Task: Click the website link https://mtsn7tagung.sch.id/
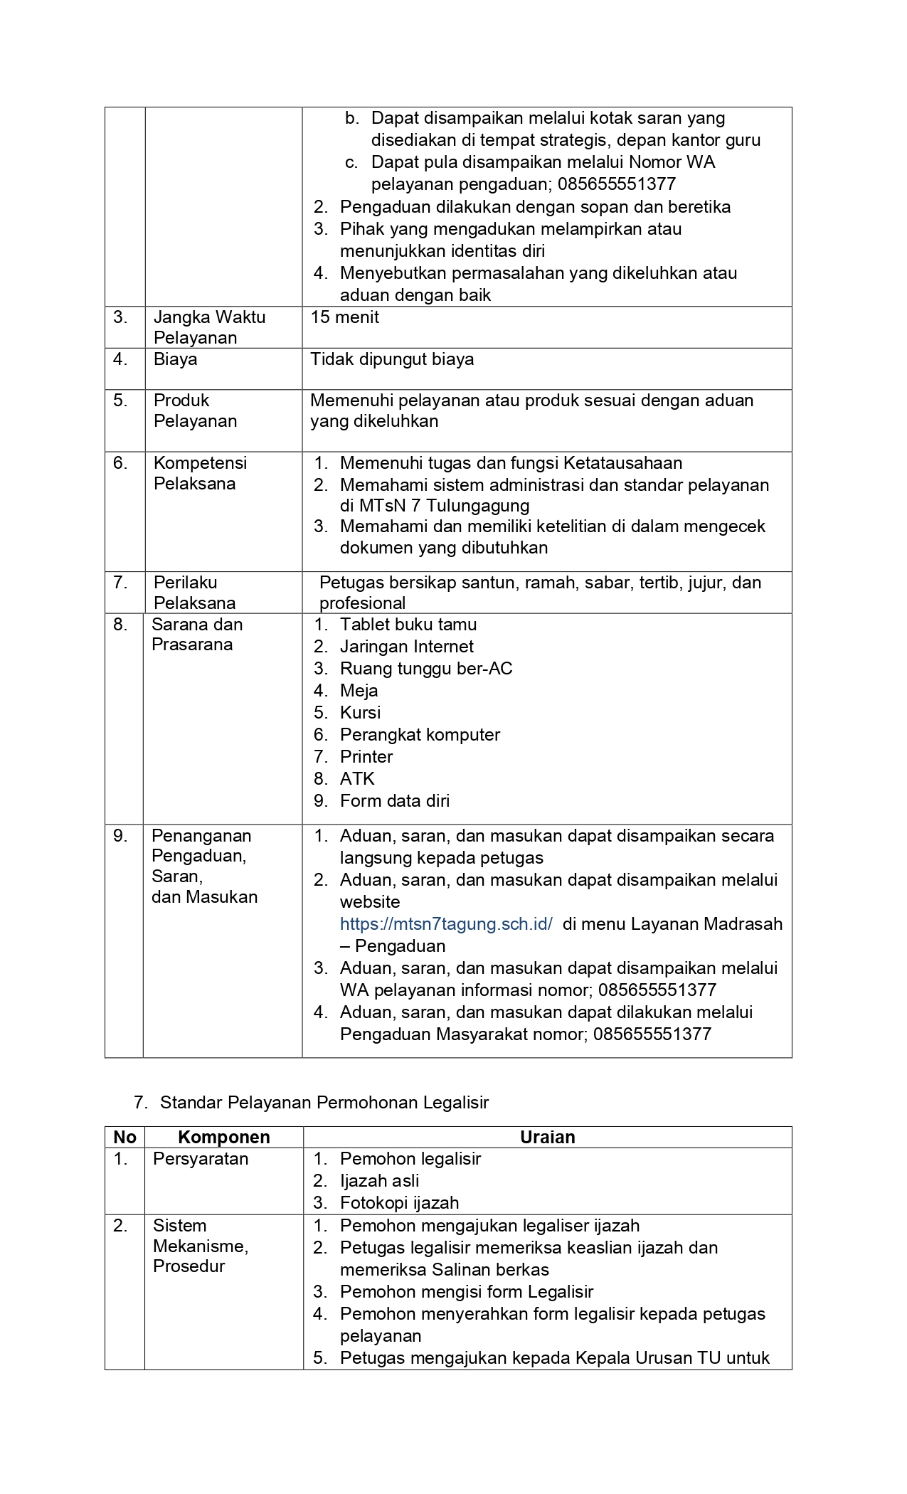point(446,924)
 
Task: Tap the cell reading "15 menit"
point(345,317)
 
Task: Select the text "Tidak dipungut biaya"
point(392,359)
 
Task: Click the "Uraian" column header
point(547,1137)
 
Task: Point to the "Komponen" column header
point(223,1137)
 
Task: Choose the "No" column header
point(124,1137)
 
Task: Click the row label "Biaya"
point(175,359)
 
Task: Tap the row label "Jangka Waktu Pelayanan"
point(209,327)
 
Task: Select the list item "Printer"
point(366,757)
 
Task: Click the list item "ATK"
point(357,779)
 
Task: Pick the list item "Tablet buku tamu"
point(408,625)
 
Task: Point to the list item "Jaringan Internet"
point(407,647)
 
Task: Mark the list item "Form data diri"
point(395,801)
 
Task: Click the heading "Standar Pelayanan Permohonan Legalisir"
point(324,1103)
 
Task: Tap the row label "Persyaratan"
point(201,1159)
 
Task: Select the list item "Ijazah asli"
point(379,1181)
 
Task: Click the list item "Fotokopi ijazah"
point(399,1203)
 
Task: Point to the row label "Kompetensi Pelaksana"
point(200,473)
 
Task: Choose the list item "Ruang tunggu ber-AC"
point(426,669)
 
